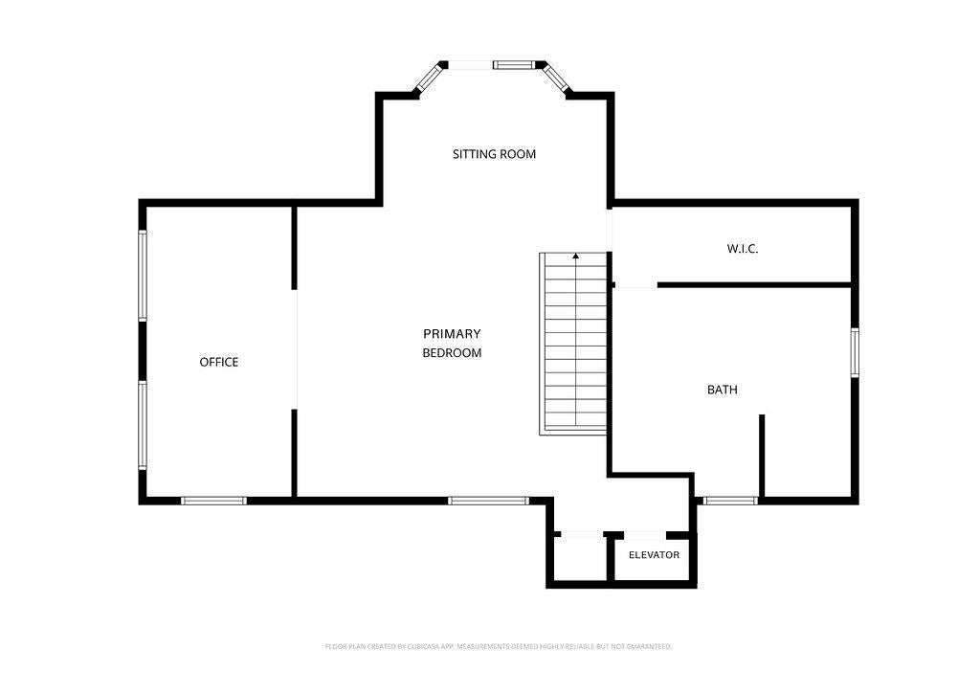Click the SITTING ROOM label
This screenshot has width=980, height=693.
[494, 154]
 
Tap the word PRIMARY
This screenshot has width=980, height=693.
[452, 334]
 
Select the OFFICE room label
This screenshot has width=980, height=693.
[219, 362]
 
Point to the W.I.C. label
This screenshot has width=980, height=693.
[743, 249]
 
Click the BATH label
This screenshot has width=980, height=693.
[722, 390]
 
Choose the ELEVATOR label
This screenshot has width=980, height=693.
[654, 555]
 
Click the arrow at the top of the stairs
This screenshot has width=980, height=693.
[575, 255]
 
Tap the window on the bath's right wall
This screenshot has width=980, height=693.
[855, 352]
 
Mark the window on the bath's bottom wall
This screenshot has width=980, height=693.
[730, 500]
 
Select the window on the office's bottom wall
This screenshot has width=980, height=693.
[213, 500]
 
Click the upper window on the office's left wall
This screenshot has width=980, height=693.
[143, 276]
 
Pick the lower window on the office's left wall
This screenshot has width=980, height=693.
[143, 425]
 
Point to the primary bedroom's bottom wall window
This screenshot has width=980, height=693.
[489, 500]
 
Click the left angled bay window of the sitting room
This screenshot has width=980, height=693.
[430, 78]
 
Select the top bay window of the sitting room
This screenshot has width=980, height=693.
[514, 64]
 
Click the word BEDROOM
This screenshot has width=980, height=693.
[452, 353]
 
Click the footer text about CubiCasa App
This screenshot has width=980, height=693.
[498, 647]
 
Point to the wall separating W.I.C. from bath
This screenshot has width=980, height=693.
[754, 285]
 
